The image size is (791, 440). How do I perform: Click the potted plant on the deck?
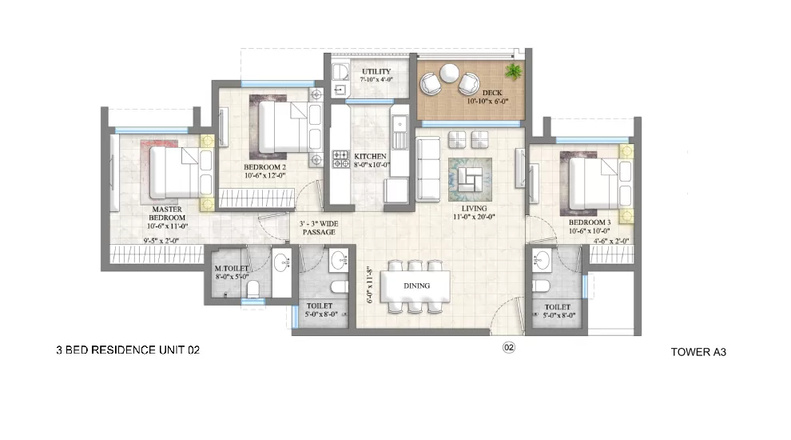tap(514, 72)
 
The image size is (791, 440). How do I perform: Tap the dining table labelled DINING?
tap(415, 286)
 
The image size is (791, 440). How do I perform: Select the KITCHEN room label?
tap(370, 157)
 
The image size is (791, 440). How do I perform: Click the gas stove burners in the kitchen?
tap(340, 158)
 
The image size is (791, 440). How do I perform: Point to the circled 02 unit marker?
tap(508, 347)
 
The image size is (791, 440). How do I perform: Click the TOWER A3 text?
tap(698, 352)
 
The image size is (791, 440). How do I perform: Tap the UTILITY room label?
tap(376, 72)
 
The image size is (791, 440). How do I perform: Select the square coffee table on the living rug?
tap(470, 179)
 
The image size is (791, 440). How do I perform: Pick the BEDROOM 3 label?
tap(589, 222)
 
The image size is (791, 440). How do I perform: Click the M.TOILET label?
tap(232, 268)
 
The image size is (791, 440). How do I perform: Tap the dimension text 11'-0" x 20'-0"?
tap(474, 217)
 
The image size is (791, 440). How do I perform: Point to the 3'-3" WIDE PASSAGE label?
tap(319, 228)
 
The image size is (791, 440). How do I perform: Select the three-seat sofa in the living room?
tap(428, 169)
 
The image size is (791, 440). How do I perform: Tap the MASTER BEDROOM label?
tap(167, 213)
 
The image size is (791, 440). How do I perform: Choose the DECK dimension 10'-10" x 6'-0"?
tap(487, 101)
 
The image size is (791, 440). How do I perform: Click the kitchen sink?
tap(400, 124)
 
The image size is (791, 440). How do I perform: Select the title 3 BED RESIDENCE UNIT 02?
tap(128, 350)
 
